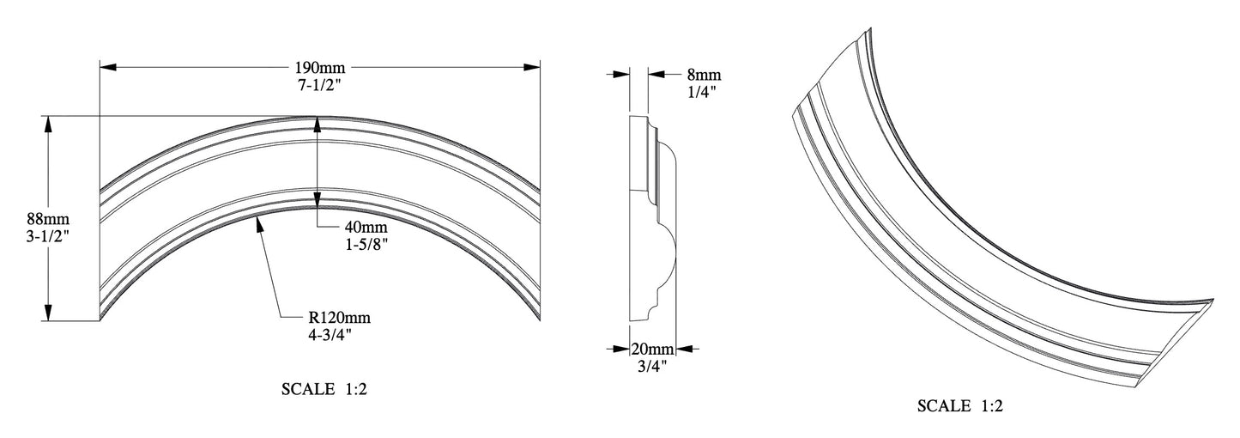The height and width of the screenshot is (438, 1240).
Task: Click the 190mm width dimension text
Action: (319, 68)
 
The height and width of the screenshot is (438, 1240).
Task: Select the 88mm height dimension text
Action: (49, 219)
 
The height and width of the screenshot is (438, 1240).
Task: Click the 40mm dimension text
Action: (366, 227)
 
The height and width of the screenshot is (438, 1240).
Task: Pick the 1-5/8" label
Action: (366, 244)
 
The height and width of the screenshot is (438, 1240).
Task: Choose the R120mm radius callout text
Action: (339, 318)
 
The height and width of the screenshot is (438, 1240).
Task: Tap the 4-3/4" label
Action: (330, 335)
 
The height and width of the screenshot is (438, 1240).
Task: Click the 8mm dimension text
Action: (705, 74)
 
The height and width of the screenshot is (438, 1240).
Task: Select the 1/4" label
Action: (702, 91)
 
